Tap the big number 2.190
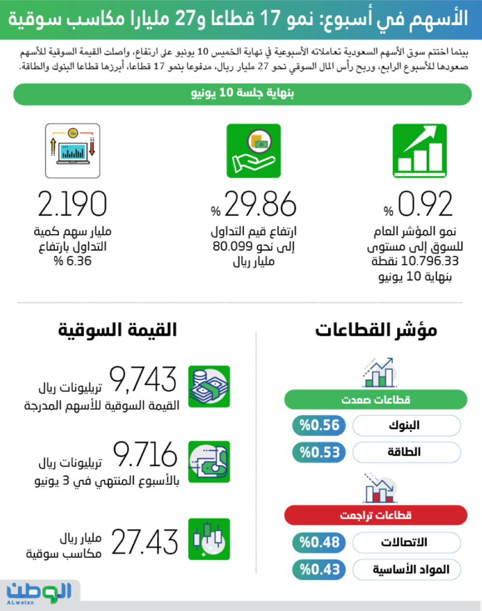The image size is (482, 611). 72,204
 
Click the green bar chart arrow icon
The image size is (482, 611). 419,150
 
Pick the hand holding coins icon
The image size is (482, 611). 254,150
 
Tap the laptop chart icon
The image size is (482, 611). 73,150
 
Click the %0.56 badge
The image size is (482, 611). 319,425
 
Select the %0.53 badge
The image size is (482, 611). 319,452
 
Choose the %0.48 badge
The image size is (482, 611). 319,543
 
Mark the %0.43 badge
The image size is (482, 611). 319,570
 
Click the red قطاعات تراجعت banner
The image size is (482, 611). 376,516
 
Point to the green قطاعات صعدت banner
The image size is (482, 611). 376,400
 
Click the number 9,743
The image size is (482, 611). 143,380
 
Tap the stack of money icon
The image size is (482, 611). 209,386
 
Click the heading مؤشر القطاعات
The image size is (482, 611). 376,330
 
